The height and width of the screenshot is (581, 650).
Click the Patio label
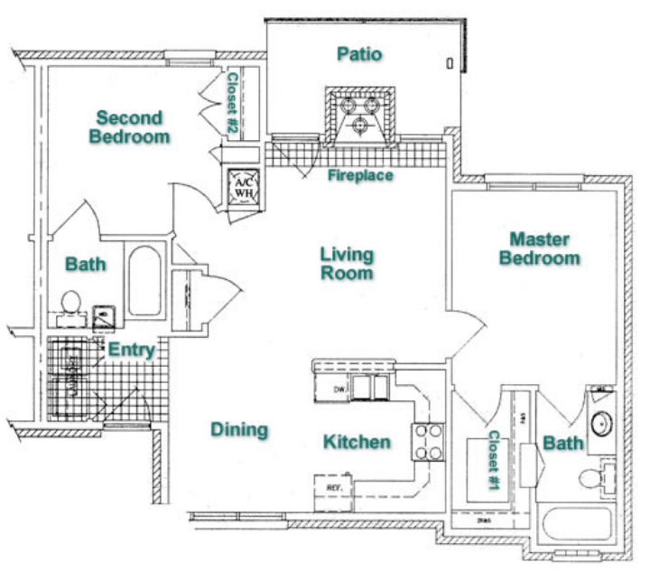click(x=360, y=54)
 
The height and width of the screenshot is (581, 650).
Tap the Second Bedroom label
click(x=130, y=127)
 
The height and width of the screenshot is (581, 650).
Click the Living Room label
click(x=346, y=263)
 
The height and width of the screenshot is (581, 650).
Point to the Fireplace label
click(x=360, y=175)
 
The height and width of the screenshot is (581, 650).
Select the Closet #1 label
click(x=494, y=460)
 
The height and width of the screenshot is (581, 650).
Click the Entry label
click(x=132, y=351)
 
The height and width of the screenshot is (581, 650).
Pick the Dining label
click(x=239, y=430)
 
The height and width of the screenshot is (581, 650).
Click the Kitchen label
click(x=357, y=442)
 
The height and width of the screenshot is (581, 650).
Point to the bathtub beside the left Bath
click(x=144, y=279)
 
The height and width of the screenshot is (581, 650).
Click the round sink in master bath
click(x=600, y=423)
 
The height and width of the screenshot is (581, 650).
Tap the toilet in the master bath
click(x=591, y=477)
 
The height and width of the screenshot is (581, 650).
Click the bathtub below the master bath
click(x=578, y=527)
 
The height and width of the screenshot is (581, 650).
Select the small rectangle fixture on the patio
click(x=450, y=63)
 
